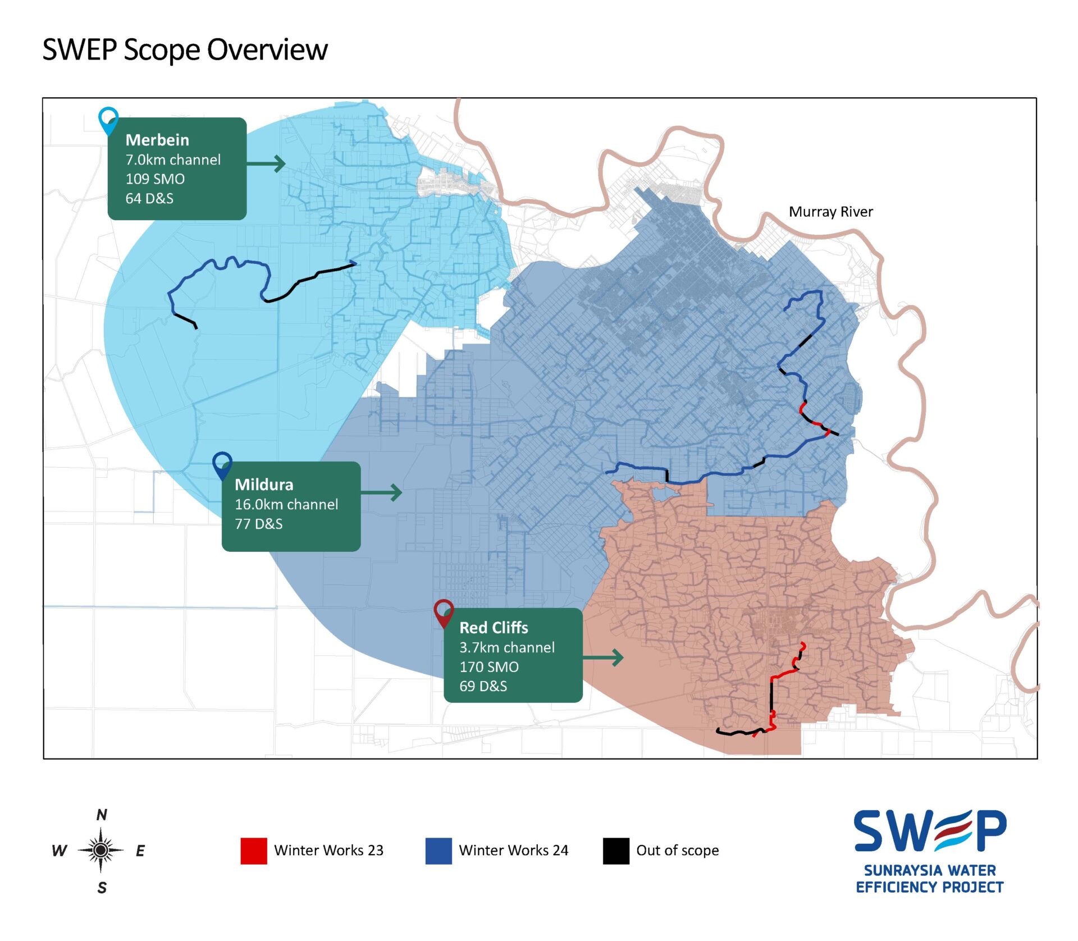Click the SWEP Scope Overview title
(x=185, y=49)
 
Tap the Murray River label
(x=830, y=212)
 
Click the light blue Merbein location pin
(x=108, y=120)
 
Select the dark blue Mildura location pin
(x=223, y=465)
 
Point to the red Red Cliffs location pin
(x=444, y=613)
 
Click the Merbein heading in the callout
(x=157, y=140)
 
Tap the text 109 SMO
(x=155, y=179)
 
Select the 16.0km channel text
(x=286, y=504)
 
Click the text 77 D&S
(x=258, y=524)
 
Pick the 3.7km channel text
(x=507, y=647)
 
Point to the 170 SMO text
(x=489, y=667)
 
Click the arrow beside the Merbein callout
(x=266, y=164)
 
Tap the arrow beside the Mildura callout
(x=382, y=493)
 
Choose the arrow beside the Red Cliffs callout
(x=603, y=657)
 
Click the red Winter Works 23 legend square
(x=254, y=851)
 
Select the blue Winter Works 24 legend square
(x=438, y=851)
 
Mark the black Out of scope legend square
(x=616, y=851)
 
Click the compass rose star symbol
(x=101, y=851)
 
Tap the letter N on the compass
(x=102, y=815)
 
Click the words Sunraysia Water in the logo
(x=929, y=870)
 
